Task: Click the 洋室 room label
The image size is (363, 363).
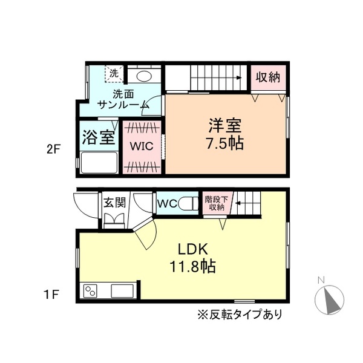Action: (225, 126)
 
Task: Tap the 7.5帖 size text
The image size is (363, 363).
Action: (225, 145)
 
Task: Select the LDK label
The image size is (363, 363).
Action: (192, 249)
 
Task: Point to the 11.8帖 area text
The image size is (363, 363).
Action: (192, 266)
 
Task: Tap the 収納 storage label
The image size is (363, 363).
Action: (267, 78)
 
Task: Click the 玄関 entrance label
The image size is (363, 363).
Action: (113, 203)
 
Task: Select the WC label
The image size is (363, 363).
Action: (167, 204)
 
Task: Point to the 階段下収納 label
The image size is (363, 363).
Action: (215, 203)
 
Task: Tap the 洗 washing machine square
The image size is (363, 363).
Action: (114, 73)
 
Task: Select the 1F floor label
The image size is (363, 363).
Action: (51, 296)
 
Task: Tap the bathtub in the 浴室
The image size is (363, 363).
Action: (97, 163)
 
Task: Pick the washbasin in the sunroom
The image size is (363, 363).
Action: (144, 76)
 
